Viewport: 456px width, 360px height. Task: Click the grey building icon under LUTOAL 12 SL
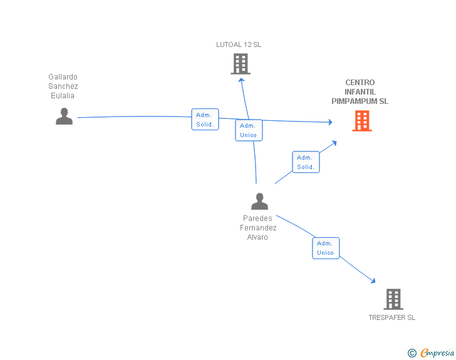[x=241, y=63]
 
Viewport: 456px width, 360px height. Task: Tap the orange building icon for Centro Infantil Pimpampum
[x=362, y=121]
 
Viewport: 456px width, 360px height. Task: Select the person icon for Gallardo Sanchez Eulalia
[x=64, y=116]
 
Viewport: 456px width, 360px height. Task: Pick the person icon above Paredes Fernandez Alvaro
[x=259, y=201]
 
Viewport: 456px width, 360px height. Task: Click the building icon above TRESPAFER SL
[x=393, y=299]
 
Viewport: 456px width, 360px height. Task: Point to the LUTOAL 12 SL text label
[x=239, y=44]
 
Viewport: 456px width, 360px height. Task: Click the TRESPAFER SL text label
[x=391, y=317]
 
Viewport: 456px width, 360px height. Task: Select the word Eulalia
[x=63, y=96]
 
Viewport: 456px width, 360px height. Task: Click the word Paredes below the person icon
[x=257, y=219]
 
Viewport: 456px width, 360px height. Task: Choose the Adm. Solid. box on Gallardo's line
[x=205, y=120]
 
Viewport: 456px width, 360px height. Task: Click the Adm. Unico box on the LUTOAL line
[x=249, y=130]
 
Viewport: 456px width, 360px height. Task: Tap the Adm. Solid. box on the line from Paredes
[x=306, y=162]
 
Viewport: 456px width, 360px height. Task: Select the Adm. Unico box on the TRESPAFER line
[x=326, y=248]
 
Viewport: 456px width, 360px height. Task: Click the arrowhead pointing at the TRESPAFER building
[x=374, y=282]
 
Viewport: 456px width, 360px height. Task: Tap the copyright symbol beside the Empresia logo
[x=412, y=353]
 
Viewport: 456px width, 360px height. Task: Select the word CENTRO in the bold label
[x=360, y=83]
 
